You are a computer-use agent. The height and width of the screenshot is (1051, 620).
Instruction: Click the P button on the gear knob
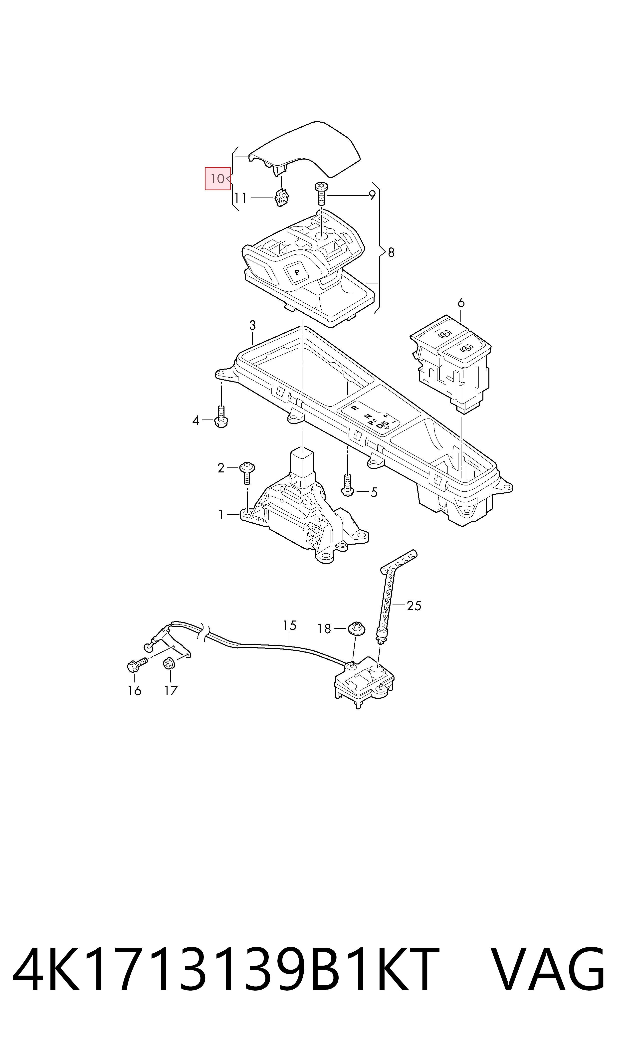[297, 272]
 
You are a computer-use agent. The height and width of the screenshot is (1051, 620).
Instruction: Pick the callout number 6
[461, 302]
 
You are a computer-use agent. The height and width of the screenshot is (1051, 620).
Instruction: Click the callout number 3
[252, 325]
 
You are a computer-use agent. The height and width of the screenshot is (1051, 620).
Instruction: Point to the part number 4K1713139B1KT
[226, 962]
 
